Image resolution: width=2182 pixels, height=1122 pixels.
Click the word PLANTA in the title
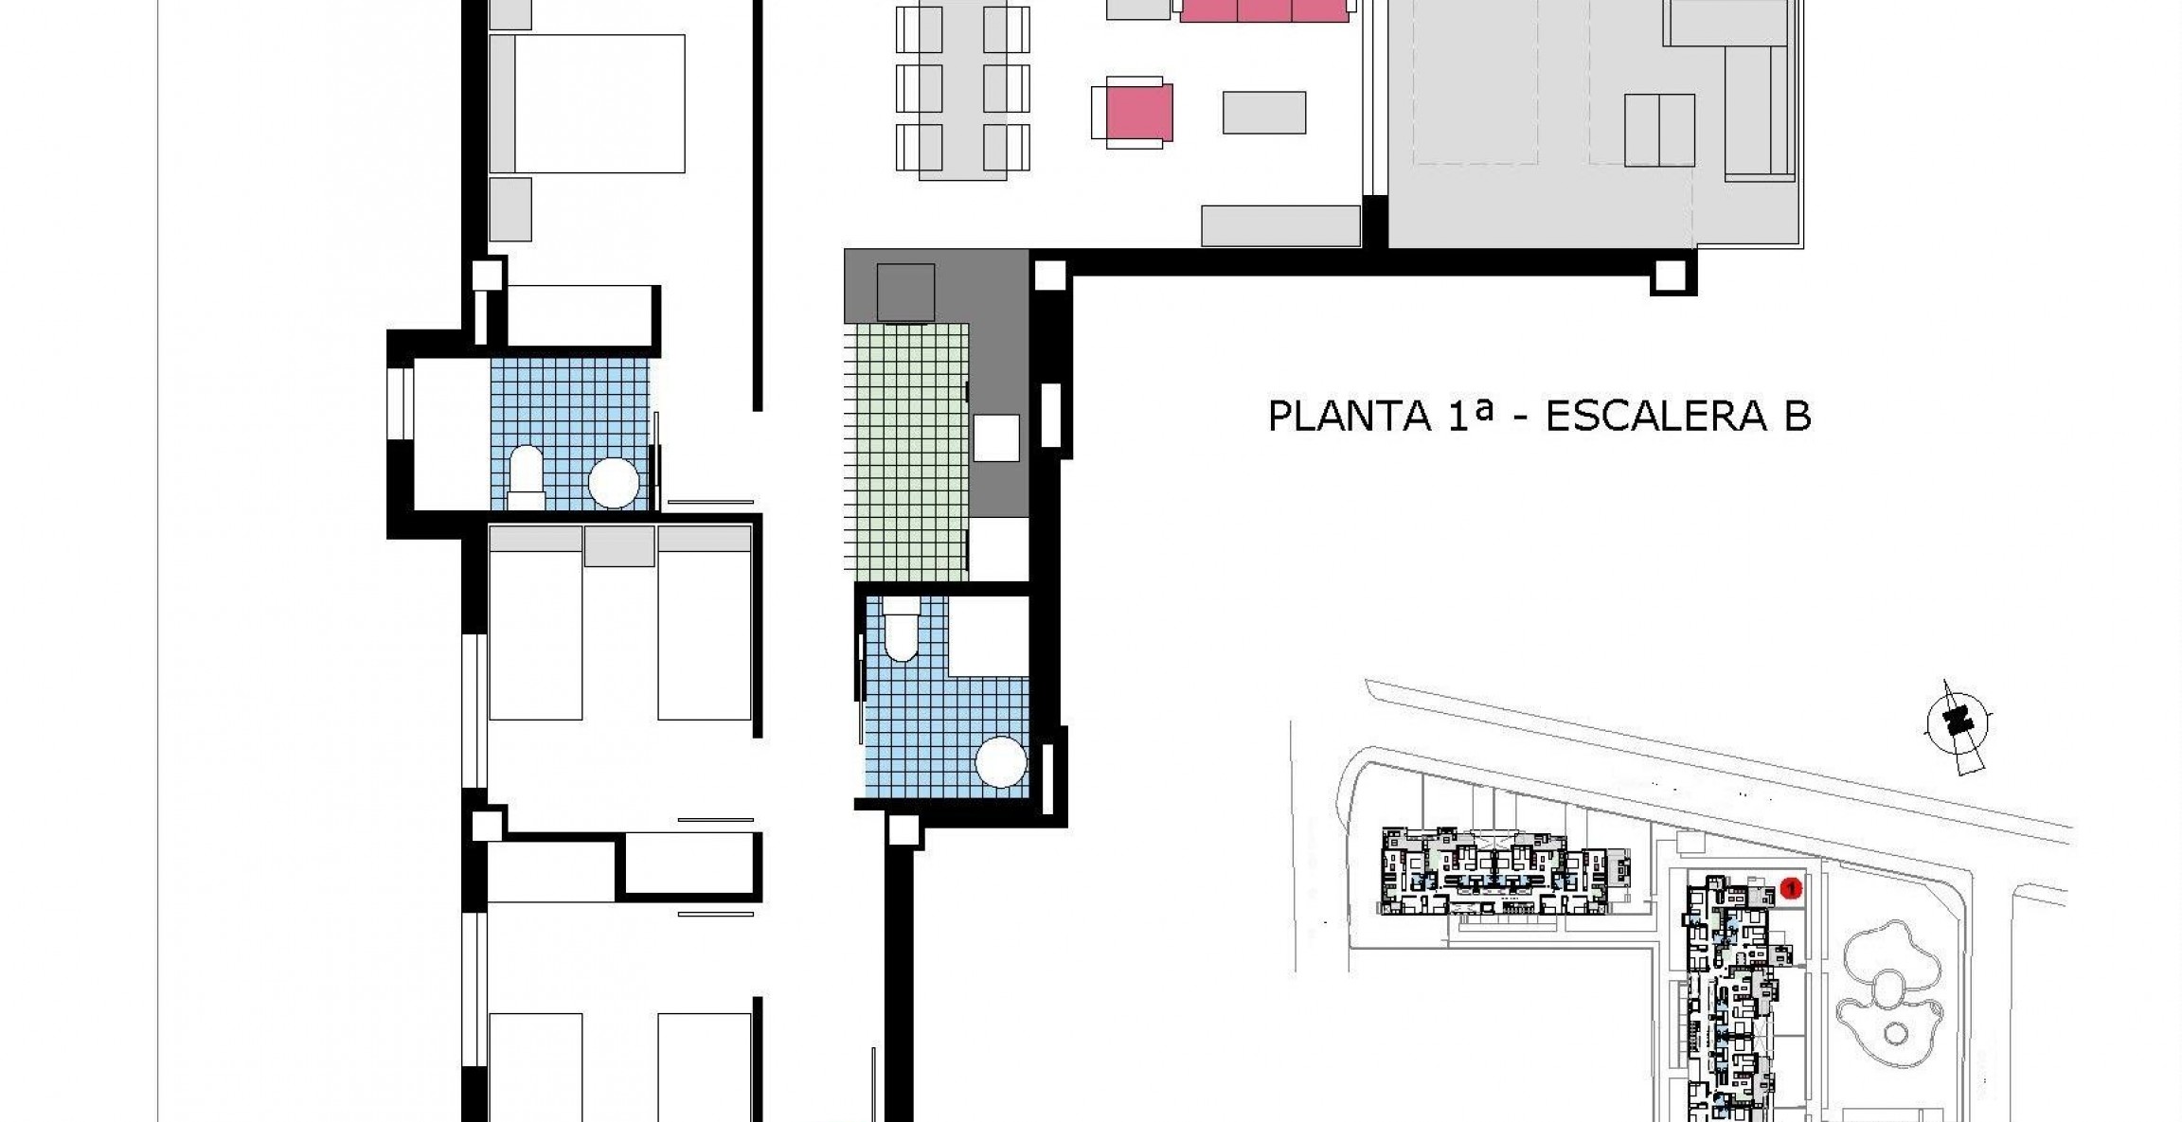click(1349, 417)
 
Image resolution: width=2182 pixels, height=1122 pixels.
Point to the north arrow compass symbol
click(1958, 725)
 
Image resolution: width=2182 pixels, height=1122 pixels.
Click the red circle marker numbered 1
click(1790, 888)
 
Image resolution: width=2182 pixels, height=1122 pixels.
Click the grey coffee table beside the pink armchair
click(1263, 113)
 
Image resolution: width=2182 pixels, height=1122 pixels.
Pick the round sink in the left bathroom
click(613, 483)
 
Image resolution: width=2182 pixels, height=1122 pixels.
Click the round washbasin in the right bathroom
click(1001, 761)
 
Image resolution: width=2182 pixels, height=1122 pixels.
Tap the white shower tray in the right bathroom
click(988, 636)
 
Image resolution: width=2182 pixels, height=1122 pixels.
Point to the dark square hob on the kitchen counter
click(905, 293)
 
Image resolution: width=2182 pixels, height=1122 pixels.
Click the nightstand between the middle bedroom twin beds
click(619, 546)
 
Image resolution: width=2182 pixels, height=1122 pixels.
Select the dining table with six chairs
click(962, 90)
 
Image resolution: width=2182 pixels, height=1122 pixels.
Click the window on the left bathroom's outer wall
click(400, 402)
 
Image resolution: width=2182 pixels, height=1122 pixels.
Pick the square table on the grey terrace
click(1659, 130)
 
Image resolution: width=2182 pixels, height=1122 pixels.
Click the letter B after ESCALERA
click(1797, 417)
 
